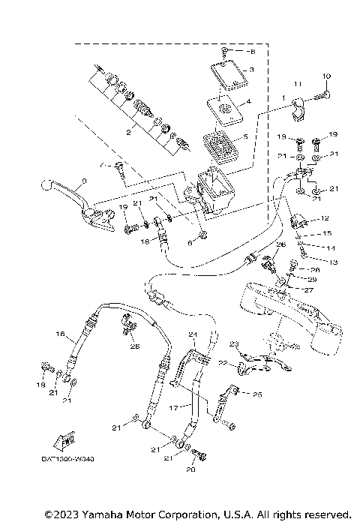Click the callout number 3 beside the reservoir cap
pos(252,69)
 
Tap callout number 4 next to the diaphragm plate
pos(249,101)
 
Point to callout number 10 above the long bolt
pos(326,76)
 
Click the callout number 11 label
pos(297,83)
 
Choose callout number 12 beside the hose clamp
pos(325,218)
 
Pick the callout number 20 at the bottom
pos(190,470)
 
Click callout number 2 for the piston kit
pos(128,131)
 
